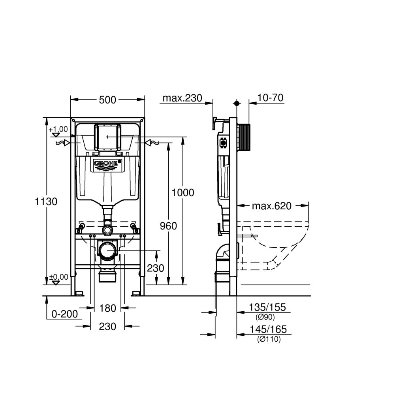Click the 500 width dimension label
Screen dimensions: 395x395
click(107, 100)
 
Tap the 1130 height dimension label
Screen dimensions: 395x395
click(46, 201)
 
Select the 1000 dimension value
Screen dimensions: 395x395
click(182, 193)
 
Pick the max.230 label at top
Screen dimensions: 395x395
click(182, 98)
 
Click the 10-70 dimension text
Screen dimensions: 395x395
click(270, 98)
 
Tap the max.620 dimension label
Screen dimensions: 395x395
click(271, 206)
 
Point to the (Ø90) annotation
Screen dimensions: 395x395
click(265, 317)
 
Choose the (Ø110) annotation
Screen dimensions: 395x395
click(268, 339)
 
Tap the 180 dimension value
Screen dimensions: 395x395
click(107, 308)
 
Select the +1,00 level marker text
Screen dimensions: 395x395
click(58, 129)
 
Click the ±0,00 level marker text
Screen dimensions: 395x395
click(58, 276)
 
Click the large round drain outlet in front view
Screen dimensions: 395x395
click(107, 251)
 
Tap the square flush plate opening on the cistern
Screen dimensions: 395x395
click(107, 137)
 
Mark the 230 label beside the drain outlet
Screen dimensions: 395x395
click(155, 268)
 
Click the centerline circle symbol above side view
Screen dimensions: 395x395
click(237, 103)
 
